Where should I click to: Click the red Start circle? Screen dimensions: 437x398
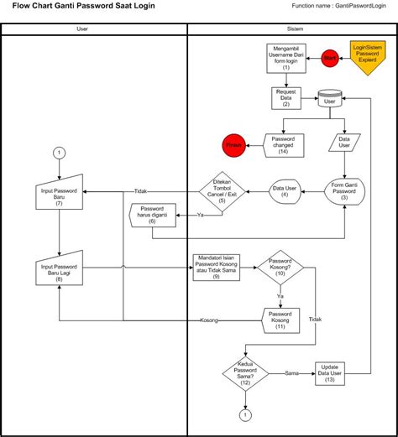point(329,58)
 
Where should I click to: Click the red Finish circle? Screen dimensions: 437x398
point(233,145)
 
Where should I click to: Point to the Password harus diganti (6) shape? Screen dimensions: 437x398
point(151,215)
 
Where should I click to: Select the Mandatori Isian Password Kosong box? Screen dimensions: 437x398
point(216,269)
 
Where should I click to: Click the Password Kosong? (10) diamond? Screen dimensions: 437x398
point(280,268)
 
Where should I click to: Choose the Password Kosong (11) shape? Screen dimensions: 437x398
point(280,320)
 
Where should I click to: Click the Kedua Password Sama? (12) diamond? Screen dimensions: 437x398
point(244,371)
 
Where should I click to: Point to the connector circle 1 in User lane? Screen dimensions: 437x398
point(59,153)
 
